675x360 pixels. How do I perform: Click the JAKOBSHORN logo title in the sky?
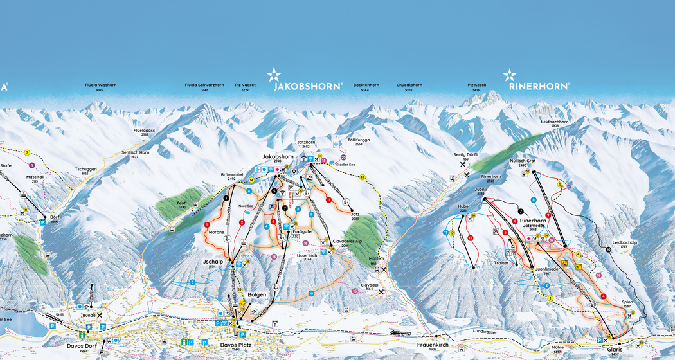point(307,85)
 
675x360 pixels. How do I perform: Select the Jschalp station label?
point(212,262)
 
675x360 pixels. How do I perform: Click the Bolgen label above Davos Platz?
point(257,294)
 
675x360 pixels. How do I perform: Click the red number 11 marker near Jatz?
point(328,200)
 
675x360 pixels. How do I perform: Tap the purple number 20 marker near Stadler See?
point(343,157)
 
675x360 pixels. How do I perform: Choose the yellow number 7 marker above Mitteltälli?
point(27,152)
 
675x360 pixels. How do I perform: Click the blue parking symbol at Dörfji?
point(43,222)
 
